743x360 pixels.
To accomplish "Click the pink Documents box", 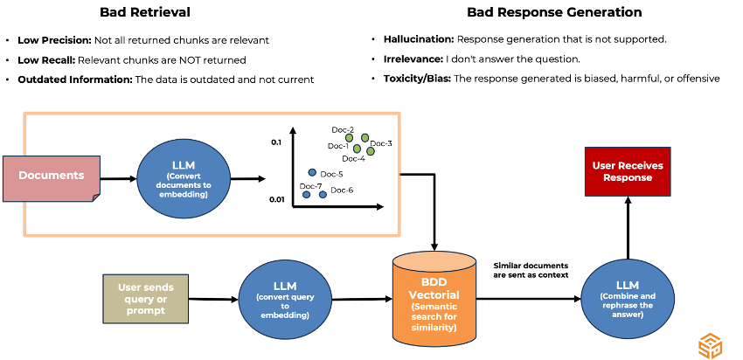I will [52, 178].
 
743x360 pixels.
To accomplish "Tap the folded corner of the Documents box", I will [95, 197].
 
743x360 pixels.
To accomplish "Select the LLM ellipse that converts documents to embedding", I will [184, 178].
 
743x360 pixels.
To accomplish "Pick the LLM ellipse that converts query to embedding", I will [285, 300].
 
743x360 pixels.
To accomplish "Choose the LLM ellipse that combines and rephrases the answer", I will [628, 299].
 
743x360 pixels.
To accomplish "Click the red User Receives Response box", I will [628, 171].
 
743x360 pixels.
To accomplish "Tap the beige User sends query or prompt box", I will [146, 298].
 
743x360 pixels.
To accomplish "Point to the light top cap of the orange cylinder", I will [434, 262].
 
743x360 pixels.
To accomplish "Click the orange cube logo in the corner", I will [710, 346].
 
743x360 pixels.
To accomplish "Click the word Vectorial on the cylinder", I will [434, 294].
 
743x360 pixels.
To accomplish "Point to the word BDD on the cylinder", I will [434, 282].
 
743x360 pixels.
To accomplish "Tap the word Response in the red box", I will [628, 177].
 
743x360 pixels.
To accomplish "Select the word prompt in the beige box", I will [146, 310].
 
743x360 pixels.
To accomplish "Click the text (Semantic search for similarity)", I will [434, 316].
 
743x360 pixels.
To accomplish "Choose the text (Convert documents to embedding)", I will [184, 185].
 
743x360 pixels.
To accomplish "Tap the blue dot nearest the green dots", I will [312, 172].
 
